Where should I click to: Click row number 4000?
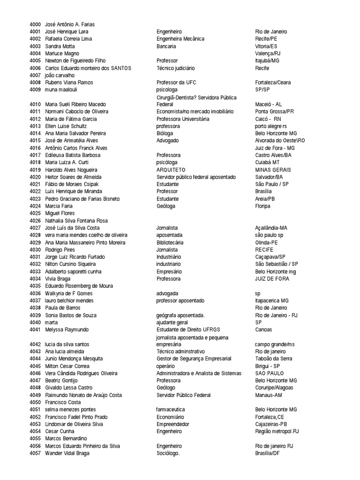(x=35, y=24)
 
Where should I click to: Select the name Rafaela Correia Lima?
(x=68, y=39)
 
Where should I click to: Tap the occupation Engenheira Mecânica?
(x=180, y=39)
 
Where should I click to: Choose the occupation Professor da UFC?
(x=176, y=82)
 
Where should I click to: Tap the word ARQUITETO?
(x=171, y=170)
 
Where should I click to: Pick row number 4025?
(x=35, y=213)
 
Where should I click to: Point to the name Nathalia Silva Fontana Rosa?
(x=76, y=221)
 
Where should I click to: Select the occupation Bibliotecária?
(x=170, y=242)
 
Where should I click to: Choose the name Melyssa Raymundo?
(x=67, y=330)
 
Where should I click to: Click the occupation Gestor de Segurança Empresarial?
(x=194, y=359)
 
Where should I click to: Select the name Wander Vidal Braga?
(x=67, y=453)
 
